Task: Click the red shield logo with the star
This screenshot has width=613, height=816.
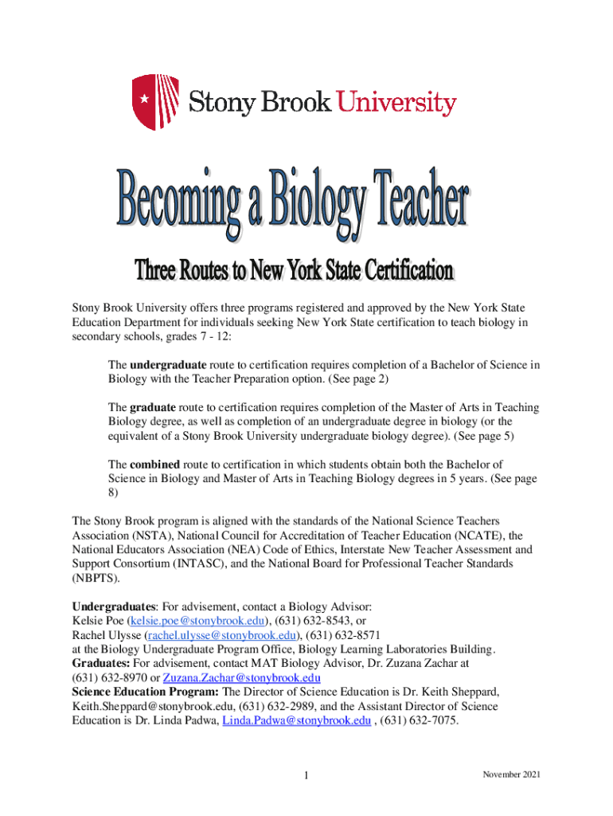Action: pyautogui.click(x=150, y=101)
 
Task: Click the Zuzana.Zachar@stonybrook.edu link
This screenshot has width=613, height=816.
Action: pyautogui.click(x=241, y=677)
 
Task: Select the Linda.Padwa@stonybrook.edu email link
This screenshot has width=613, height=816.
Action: pyautogui.click(x=297, y=720)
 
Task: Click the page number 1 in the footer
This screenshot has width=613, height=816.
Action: pyautogui.click(x=306, y=776)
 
